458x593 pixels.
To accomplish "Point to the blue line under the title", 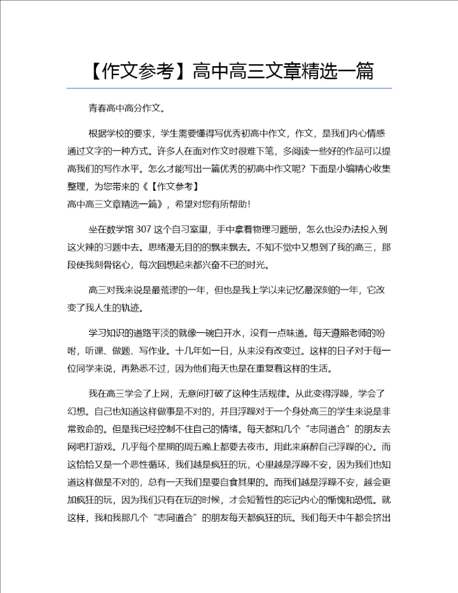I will pyautogui.click(x=229, y=88).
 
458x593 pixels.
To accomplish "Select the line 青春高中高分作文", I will pyautogui.click(x=127, y=109).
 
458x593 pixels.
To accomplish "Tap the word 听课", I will pyautogui.click(x=102, y=350).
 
